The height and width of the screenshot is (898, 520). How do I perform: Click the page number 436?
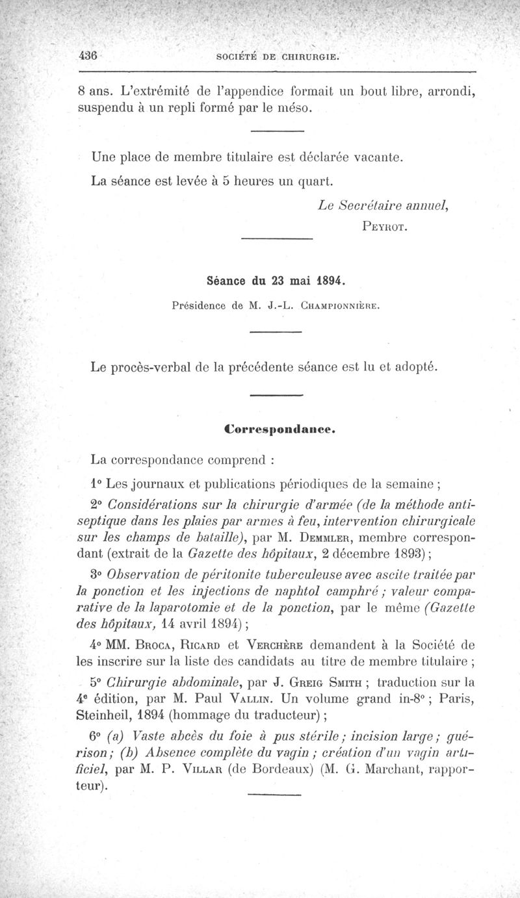point(87,56)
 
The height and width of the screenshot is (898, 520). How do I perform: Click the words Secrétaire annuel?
point(385,205)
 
